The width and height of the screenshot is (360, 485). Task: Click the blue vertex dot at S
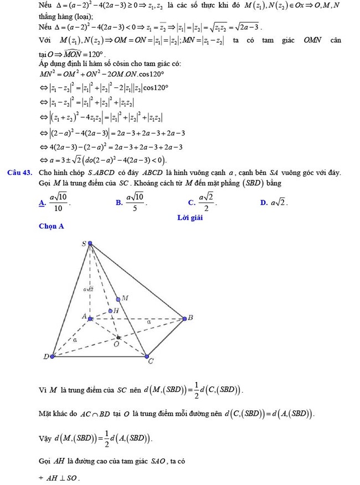point(90,242)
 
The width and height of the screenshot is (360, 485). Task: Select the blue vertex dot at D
point(53,357)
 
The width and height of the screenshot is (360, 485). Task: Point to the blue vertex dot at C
point(147,356)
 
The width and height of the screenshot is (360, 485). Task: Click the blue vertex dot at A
point(90,318)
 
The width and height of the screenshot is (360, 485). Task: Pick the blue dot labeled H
point(110,311)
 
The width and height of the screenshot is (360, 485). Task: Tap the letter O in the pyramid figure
point(116,344)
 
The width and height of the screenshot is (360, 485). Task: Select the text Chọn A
point(52,226)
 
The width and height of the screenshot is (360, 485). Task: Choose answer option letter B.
point(119,203)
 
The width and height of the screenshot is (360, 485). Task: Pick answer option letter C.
point(191,203)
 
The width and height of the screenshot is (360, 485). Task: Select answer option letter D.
point(264,203)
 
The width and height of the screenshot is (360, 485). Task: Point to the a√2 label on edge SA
point(88,289)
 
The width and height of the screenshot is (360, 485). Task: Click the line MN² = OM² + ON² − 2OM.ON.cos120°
point(102,75)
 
